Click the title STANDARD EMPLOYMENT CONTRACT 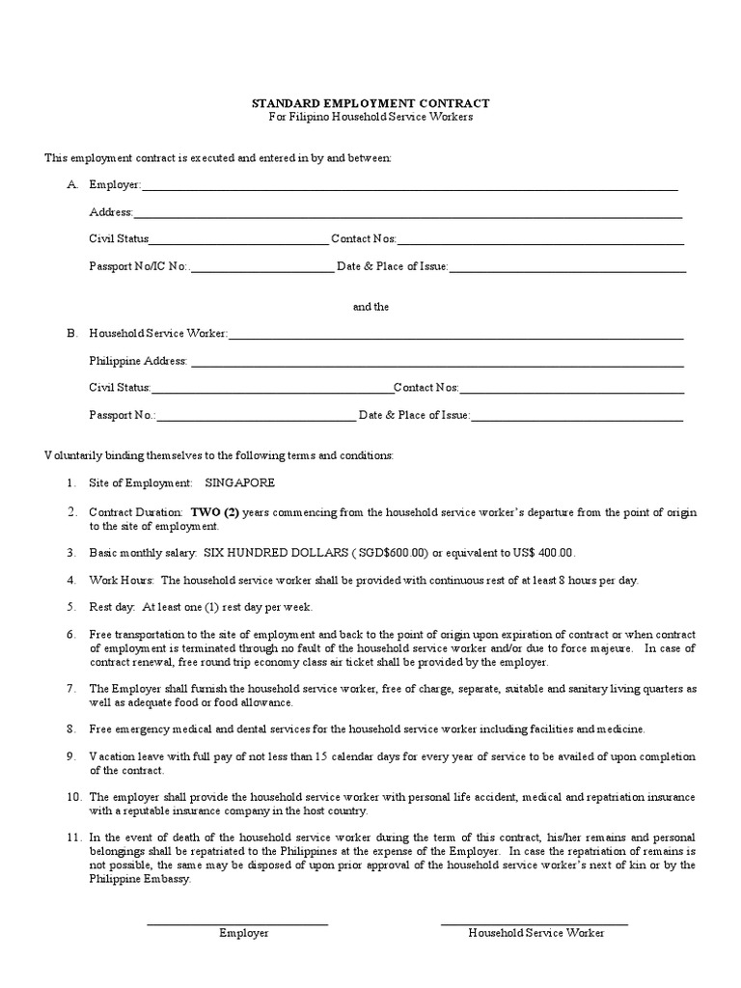(370, 102)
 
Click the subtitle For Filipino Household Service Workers (370, 117)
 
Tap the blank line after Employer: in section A (410, 186)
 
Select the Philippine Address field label (138, 361)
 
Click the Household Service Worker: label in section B (158, 334)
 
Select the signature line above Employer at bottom (237, 924)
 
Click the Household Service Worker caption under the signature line (535, 933)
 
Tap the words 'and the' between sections (370, 307)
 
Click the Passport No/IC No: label (139, 266)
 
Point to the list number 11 (73, 837)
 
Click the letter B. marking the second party (71, 334)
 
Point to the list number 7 (71, 689)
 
